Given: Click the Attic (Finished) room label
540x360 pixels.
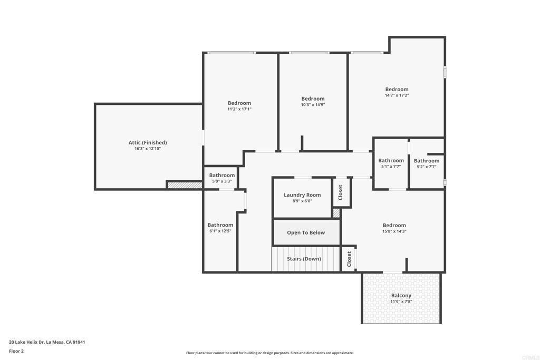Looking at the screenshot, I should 148,142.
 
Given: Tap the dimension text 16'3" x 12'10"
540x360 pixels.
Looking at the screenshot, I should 148,149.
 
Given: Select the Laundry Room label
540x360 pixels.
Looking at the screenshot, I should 302,195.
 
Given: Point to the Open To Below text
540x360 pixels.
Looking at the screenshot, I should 306,232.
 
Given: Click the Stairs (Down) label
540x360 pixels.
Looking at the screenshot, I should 304,259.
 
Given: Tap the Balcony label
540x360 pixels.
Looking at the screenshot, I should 401,296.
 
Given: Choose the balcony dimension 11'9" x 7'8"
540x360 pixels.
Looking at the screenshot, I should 401,301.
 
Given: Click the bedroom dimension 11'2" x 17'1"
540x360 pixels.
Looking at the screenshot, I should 239,109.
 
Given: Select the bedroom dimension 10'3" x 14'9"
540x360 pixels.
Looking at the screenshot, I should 313,105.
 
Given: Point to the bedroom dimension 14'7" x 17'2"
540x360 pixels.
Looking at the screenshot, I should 397,95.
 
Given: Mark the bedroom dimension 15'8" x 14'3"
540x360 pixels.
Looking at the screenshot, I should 394,231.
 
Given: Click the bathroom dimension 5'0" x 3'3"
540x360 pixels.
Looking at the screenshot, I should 221,181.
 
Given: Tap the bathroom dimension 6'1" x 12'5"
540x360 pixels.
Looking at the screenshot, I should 220,231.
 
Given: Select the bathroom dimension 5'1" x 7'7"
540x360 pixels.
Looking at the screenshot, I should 391,167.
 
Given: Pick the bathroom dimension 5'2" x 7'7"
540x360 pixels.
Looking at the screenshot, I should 426,167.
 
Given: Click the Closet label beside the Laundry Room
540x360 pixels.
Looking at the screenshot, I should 341,192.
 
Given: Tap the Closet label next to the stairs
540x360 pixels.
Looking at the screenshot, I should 349,259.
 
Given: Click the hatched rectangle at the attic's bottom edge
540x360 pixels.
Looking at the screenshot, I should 185,185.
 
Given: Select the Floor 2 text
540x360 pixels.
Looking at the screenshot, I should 16,351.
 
